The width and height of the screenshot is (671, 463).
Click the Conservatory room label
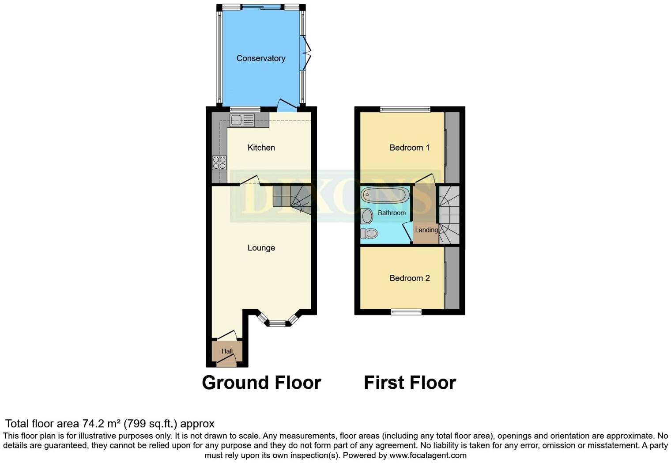coord(260,58)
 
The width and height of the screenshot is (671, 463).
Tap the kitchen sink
coord(242,119)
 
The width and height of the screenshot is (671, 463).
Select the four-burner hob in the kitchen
coord(219,163)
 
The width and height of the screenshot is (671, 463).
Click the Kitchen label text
coord(261,148)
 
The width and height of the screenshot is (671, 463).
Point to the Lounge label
coord(261,248)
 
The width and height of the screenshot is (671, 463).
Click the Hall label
coord(227,351)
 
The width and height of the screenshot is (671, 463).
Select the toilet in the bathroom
coord(371,233)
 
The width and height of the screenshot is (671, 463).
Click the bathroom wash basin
coord(366,216)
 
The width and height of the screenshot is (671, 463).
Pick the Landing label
coord(426,230)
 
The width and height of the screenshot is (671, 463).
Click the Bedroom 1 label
coord(409,148)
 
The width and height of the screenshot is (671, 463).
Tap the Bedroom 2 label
coord(409,278)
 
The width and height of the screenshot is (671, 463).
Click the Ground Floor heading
coord(261,383)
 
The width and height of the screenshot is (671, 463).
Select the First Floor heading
coord(410,383)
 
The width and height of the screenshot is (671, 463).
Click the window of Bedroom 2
coord(406,312)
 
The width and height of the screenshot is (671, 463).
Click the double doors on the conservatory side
coord(305,53)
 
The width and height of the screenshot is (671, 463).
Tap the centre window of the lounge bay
coord(278,323)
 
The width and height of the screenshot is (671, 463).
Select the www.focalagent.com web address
coord(427,455)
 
